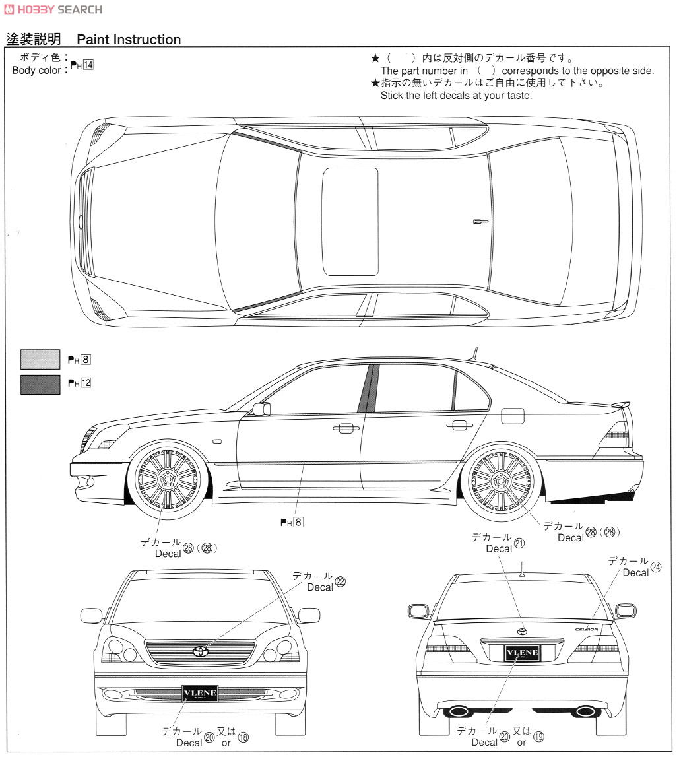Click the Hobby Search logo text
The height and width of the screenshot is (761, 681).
pos(53,9)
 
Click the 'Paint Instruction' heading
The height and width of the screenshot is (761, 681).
pos(129,40)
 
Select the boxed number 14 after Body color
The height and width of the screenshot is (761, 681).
pos(88,65)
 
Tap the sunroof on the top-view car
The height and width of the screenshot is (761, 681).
pos(350,220)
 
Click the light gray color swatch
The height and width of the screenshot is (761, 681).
pos(40,360)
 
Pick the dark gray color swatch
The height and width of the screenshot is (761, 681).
pos(40,383)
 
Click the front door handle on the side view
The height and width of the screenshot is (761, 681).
pos(342,429)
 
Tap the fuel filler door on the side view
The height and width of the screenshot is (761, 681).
pos(512,416)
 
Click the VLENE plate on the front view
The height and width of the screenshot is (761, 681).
pos(199,694)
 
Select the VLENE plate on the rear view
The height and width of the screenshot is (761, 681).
pos(522,653)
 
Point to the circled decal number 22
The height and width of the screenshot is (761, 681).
pos(340,582)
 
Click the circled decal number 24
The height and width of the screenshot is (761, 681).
pos(655,567)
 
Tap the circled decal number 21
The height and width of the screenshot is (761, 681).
pos(519,543)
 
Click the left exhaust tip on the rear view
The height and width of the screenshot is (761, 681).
pos(459,711)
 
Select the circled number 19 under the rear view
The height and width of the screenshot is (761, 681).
pos(538,737)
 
